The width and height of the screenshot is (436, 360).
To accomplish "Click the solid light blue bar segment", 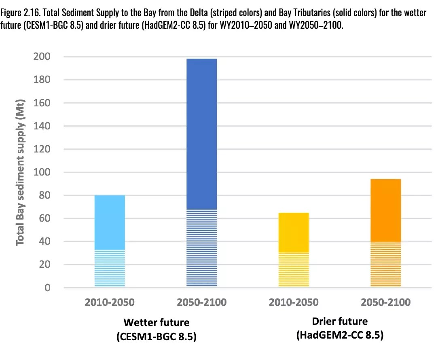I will pos(110,222).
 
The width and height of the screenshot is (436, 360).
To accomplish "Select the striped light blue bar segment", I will pos(110,268).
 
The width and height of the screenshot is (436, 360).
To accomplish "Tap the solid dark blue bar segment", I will pos(201,133).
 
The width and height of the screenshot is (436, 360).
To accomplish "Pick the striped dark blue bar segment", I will pos(201,248).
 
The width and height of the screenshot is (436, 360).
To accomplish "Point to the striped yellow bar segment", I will pos(294,269).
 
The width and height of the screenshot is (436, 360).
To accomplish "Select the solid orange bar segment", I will pos(385,210).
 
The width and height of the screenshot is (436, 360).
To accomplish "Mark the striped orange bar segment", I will pos(385,265).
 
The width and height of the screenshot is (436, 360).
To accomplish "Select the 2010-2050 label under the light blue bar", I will pos(110,303).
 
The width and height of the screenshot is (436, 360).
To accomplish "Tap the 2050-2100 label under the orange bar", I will pos(385,303).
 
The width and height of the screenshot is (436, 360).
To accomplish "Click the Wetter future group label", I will pos(156,322).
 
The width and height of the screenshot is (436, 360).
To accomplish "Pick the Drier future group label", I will pos(340,321).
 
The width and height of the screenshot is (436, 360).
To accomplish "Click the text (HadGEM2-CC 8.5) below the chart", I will pos(340,335).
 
